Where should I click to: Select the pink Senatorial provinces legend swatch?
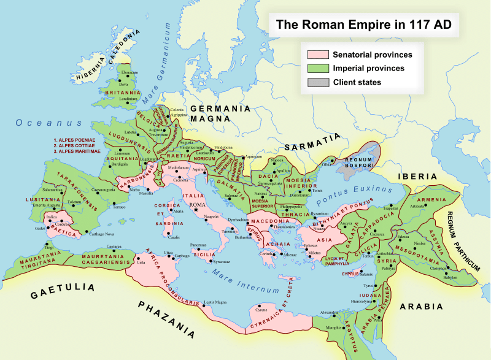pos(318,55)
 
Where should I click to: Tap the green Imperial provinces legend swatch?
pos(318,68)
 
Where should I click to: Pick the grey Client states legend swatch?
pos(318,82)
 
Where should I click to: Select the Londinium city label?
pos(128,99)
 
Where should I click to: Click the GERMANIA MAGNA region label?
pos(220,113)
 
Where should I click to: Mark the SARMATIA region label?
pos(311,144)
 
